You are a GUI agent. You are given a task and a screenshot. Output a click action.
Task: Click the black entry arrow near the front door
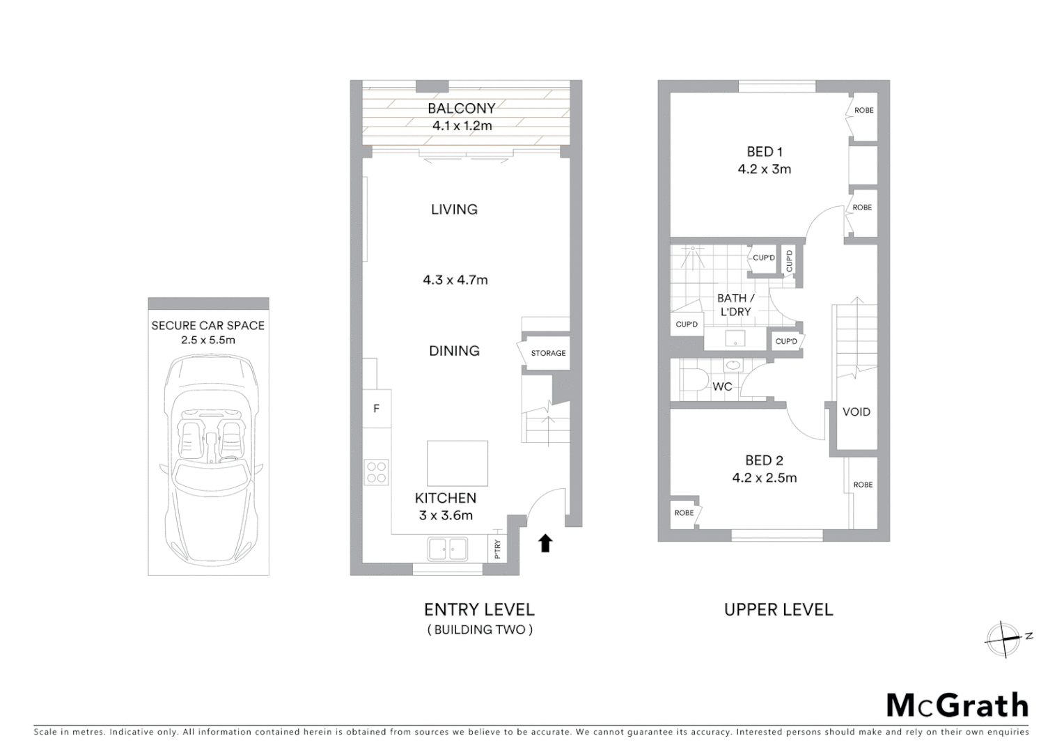pyautogui.click(x=545, y=543)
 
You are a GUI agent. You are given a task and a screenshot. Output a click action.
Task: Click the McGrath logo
pyautogui.click(x=957, y=705)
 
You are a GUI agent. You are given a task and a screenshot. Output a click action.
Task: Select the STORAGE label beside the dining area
pyautogui.click(x=548, y=353)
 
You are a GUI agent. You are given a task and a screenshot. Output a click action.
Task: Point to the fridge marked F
pyautogui.click(x=377, y=409)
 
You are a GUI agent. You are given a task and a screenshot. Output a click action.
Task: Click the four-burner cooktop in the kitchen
pyautogui.click(x=377, y=473)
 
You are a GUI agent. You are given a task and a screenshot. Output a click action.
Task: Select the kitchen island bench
pyautogui.click(x=457, y=463)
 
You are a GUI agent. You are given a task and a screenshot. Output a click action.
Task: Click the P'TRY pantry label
pyautogui.click(x=497, y=549)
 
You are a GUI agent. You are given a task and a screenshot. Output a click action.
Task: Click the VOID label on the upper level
pyautogui.click(x=856, y=412)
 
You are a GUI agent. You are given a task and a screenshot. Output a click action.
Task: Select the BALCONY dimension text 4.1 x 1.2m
pyautogui.click(x=462, y=126)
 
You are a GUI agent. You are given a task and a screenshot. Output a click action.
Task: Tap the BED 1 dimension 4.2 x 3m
pyautogui.click(x=764, y=169)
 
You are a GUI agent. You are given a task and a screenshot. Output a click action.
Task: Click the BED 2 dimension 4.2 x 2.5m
pyautogui.click(x=764, y=478)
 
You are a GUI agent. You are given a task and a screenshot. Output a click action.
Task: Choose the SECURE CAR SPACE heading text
pyautogui.click(x=208, y=325)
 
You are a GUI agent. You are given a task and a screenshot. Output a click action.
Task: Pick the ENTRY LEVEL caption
pyautogui.click(x=479, y=610)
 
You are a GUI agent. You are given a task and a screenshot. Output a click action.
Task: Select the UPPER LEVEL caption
pyautogui.click(x=779, y=610)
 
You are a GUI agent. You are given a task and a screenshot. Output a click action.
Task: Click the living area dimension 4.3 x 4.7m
pyautogui.click(x=455, y=280)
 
